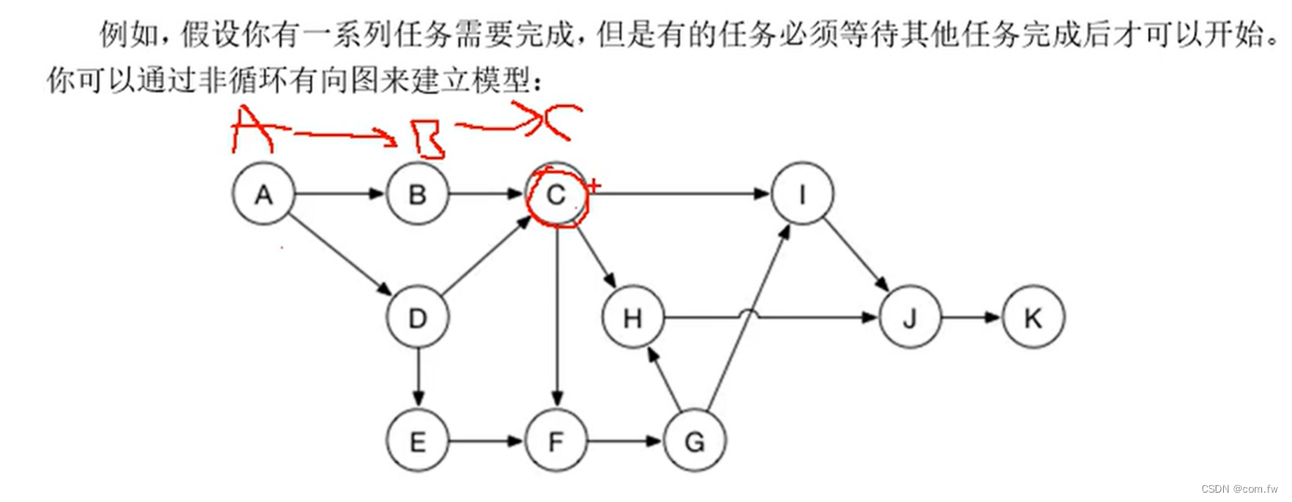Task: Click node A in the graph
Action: [x=263, y=195]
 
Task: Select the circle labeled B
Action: [x=417, y=195]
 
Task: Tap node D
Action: [x=417, y=319]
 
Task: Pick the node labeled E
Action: [x=417, y=441]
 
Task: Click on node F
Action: [x=556, y=441]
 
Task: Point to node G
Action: [x=694, y=441]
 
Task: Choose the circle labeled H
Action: [x=632, y=319]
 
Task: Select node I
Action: [x=802, y=195]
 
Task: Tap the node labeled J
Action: [x=910, y=319]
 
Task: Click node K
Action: [x=1033, y=319]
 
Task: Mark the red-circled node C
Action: [x=556, y=195]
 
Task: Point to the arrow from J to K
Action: [x=971, y=319]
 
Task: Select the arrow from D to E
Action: [x=417, y=380]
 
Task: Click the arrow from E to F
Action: [x=486, y=441]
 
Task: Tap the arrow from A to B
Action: [x=340, y=195]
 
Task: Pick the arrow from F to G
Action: [x=625, y=441]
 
